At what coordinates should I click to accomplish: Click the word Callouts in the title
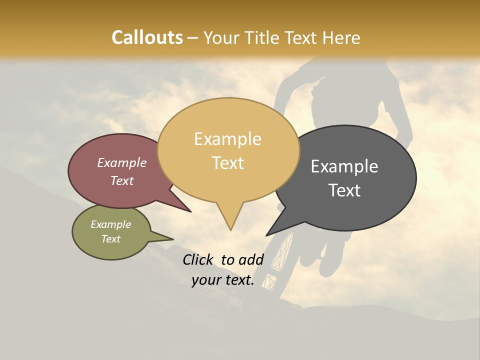[147, 37]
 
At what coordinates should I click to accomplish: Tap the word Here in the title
[341, 37]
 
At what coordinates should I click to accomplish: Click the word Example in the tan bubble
[227, 139]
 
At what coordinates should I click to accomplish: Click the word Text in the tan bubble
[228, 162]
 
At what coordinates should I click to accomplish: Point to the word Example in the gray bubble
[344, 166]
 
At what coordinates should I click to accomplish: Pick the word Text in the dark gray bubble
[345, 190]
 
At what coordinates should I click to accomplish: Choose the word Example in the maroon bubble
[122, 162]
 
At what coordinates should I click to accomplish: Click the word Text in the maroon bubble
[122, 180]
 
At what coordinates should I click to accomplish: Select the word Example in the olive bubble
[111, 224]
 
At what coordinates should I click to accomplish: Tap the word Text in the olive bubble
[111, 239]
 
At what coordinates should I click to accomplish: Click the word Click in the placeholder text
[198, 259]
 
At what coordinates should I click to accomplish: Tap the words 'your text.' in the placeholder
[223, 280]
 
